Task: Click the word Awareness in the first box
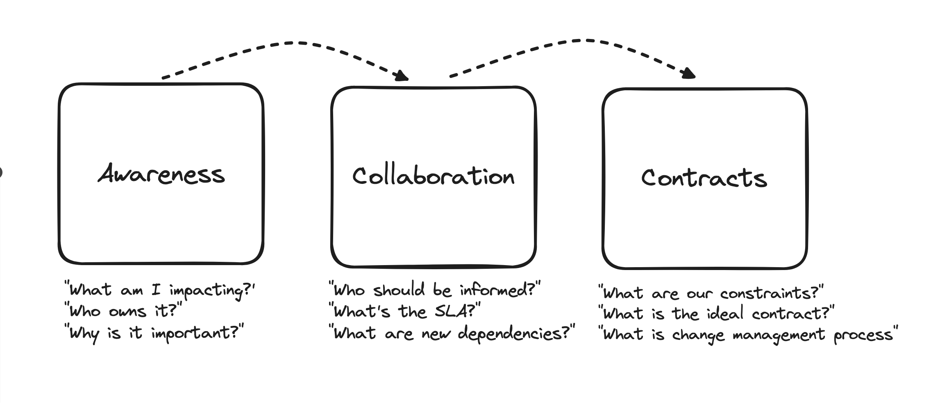coord(161,174)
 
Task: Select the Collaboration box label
coord(433,176)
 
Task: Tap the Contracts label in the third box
coord(704,178)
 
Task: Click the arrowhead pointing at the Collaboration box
coord(401,76)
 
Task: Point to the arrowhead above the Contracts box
coord(688,73)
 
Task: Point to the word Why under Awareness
coord(84,333)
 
